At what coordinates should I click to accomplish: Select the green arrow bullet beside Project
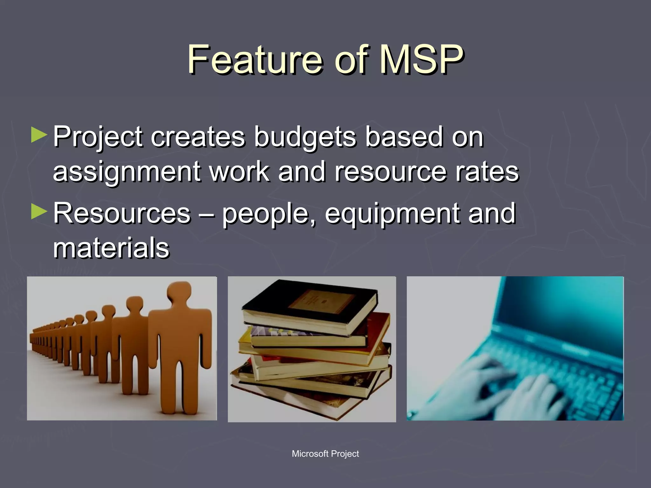coord(39,135)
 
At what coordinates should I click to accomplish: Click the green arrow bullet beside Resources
coord(39,212)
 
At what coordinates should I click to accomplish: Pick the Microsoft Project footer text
coord(325,454)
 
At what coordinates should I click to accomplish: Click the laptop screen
coord(566,305)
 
